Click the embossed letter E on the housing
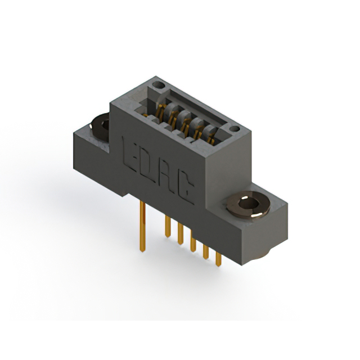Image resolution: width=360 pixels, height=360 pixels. coord(130,154)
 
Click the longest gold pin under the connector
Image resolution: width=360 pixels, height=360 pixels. coord(142,226)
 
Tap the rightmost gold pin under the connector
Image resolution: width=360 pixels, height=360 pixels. coord(218,259)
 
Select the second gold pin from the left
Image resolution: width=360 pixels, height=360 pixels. coord(168,226)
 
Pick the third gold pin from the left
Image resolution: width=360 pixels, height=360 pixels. coord(181,234)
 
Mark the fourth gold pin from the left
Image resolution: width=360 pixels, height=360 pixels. coord(193,241)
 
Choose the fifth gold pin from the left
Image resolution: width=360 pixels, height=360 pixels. coord(206,252)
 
